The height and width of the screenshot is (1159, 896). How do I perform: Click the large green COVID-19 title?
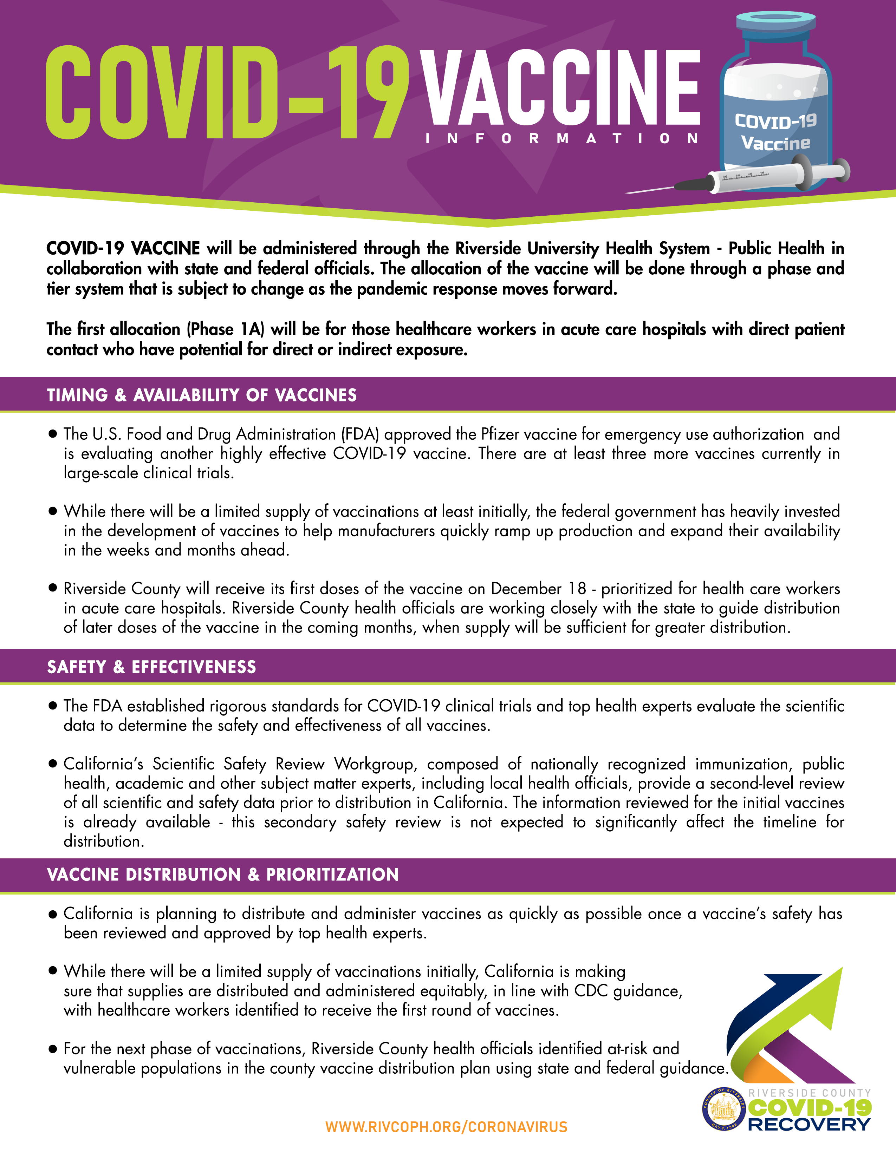pyautogui.click(x=227, y=93)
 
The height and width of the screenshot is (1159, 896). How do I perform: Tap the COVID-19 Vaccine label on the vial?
pyautogui.click(x=775, y=132)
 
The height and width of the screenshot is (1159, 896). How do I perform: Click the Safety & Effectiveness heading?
pyautogui.click(x=151, y=667)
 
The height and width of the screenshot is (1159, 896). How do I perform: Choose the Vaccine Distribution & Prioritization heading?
pyautogui.click(x=223, y=875)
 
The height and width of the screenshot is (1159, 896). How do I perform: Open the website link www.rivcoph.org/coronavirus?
pyautogui.click(x=446, y=1127)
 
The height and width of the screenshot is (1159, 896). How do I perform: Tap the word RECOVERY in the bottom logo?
pyautogui.click(x=809, y=1124)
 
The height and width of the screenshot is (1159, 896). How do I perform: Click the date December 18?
pyautogui.click(x=538, y=589)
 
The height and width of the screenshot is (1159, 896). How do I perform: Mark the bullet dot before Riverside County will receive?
pyautogui.click(x=53, y=588)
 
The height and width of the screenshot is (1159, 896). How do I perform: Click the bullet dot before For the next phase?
pyautogui.click(x=53, y=1049)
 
